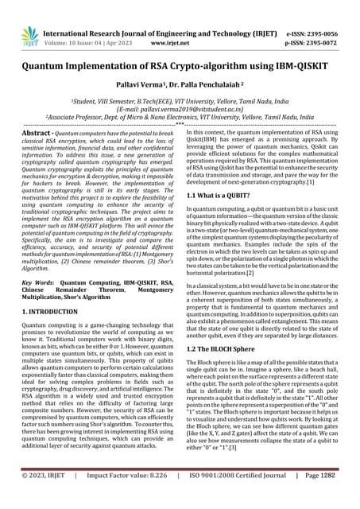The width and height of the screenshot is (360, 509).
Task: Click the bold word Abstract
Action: pos(38,152)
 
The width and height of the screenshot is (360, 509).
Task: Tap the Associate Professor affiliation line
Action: pos(179,135)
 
